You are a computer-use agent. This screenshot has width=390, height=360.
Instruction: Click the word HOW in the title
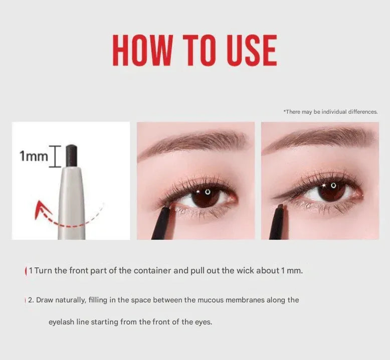click(x=143, y=50)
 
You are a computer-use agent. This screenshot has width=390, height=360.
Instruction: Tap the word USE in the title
click(x=252, y=50)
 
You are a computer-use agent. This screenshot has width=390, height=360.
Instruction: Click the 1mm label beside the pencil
click(x=34, y=157)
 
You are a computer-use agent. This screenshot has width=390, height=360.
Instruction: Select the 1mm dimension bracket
click(x=55, y=156)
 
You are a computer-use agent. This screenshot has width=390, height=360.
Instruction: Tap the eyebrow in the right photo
click(x=320, y=139)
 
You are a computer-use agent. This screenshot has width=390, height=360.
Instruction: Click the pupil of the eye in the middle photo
click(x=206, y=196)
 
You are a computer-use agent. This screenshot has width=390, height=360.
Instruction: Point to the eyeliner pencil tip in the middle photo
click(x=170, y=206)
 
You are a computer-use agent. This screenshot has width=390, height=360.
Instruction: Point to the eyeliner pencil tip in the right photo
click(x=281, y=207)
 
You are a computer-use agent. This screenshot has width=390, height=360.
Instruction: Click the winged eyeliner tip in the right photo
click(x=274, y=197)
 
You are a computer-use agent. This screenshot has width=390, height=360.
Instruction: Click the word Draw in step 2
click(x=45, y=300)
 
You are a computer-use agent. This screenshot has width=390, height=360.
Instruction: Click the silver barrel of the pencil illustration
click(x=72, y=203)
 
